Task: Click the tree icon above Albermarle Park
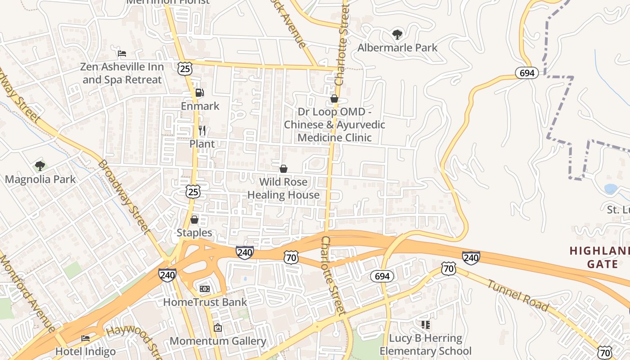coord(397,34)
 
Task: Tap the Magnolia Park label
coord(40,180)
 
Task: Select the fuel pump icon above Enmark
coord(199,93)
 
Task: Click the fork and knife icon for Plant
coord(202,131)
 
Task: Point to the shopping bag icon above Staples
coord(194,220)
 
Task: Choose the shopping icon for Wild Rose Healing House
coord(283,169)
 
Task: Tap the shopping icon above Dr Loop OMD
coord(334,99)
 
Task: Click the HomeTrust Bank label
coord(205,302)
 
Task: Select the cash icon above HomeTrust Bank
coord(205,288)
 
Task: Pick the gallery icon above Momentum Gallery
coord(218,328)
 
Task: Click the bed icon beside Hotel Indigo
coord(85,338)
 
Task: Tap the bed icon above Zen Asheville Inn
coord(121,54)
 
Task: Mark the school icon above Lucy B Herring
coord(425,324)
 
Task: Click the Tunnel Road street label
coord(518,296)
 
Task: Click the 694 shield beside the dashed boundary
coord(526,73)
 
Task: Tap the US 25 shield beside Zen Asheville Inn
coord(185,68)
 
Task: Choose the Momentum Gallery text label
coord(218,341)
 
